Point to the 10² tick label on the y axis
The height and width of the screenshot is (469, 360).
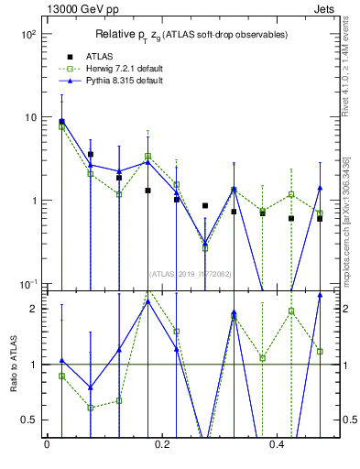tap(27, 34)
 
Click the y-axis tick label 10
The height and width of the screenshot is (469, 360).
tap(29, 117)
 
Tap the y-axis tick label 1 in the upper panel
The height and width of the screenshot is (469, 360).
tap(32, 201)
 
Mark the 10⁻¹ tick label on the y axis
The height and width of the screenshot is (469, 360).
tap(27, 284)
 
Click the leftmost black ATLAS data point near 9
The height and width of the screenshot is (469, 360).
tap(61, 121)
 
